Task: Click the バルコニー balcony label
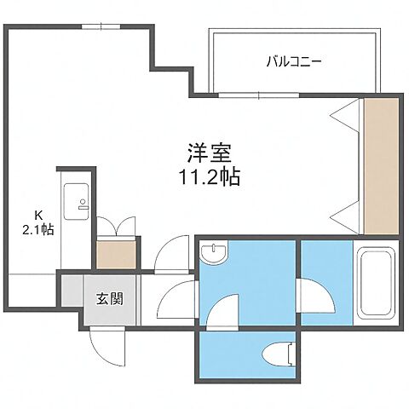293,60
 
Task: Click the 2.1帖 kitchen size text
37,228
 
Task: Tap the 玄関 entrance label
109,299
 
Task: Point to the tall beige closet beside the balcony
381,166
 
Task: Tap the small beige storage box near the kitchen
115,253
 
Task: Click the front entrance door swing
106,344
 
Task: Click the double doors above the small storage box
115,228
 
